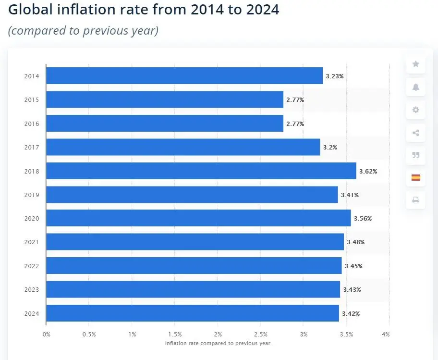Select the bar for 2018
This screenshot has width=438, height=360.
coord(201,171)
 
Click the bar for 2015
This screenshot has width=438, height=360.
coord(164,99)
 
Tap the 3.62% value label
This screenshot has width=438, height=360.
coord(368,171)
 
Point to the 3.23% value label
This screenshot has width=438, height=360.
coord(334,76)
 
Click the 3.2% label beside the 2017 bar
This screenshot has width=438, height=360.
coord(330,147)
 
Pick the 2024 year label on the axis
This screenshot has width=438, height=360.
coord(32,313)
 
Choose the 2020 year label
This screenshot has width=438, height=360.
coord(32,218)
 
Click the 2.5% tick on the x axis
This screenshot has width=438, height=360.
coord(260,334)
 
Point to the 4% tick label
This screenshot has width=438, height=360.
coord(386,334)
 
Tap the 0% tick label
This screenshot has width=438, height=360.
coord(46,334)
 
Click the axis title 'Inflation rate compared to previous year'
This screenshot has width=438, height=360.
coord(218,343)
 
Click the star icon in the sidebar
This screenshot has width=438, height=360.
coord(415,64)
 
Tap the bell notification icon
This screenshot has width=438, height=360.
coord(415,87)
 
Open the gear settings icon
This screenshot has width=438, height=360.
coord(415,110)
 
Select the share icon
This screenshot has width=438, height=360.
coord(415,133)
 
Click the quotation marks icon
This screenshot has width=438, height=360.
coord(415,155)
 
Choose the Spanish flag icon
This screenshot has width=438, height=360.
coord(415,177)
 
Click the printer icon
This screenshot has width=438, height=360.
coord(415,200)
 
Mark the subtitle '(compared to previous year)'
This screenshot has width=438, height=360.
coord(83,30)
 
